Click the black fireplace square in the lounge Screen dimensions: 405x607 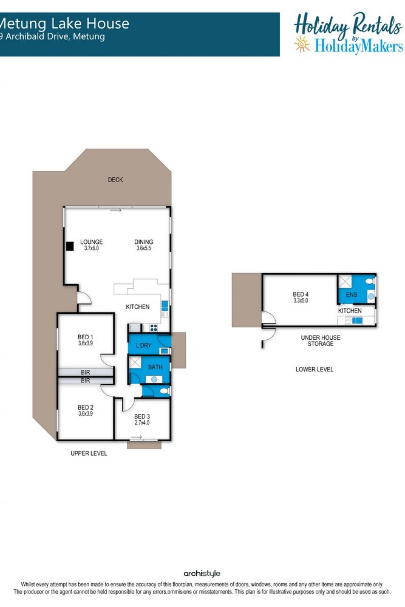tap(70, 246)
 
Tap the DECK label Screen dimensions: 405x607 tap(115, 180)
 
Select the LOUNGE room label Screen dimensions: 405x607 tap(91, 242)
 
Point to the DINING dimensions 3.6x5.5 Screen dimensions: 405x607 tap(144, 248)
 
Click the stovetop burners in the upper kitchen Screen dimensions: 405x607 tap(154, 328)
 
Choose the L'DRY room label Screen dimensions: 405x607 tap(143, 345)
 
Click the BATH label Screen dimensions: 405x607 tap(155, 367)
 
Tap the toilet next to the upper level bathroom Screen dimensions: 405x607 tap(164, 391)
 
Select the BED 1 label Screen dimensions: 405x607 tap(85, 337)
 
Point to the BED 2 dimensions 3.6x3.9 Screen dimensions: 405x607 tap(85, 414)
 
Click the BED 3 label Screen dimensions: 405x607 tap(142, 416)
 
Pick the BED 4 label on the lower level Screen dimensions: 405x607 tap(301, 294)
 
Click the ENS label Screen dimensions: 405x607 tap(351, 295)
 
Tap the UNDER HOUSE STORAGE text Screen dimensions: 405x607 tap(320, 341)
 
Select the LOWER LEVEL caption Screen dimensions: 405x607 tap(315, 369)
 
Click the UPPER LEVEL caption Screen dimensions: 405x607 tap(88, 453)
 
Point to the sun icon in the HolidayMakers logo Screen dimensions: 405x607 tap(302, 45)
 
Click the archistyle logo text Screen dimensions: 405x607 tap(202, 573)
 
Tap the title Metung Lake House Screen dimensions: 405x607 tap(64, 24)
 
